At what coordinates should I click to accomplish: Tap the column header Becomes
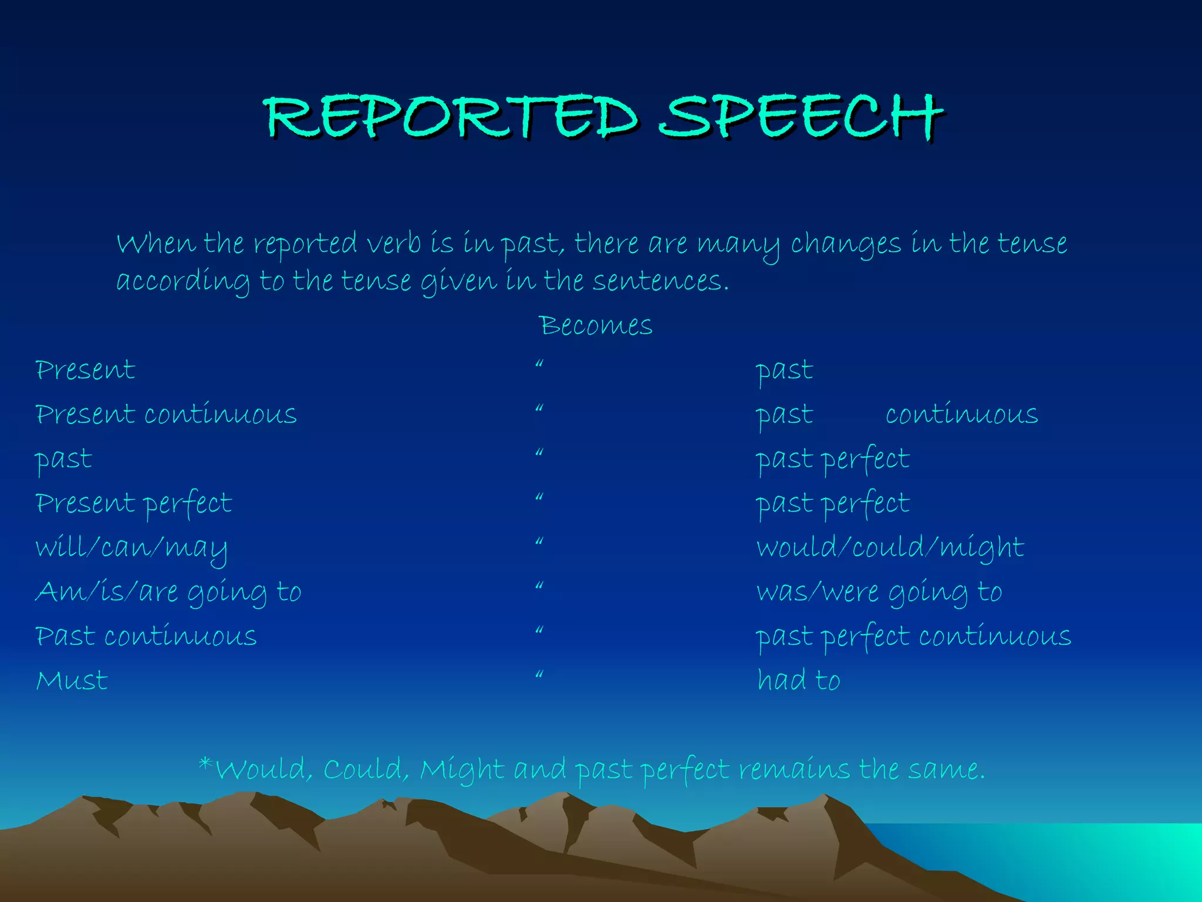point(595,325)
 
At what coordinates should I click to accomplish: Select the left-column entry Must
point(72,681)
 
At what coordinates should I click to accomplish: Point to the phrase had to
point(798,681)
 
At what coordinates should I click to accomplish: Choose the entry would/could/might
point(890,547)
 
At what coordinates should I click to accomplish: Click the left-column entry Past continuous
point(146,637)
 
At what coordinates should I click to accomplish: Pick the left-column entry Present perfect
point(134,504)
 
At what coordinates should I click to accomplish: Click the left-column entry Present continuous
point(166,415)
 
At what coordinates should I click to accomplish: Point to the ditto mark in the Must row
point(539,675)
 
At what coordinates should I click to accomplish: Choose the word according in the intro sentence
point(183,281)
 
